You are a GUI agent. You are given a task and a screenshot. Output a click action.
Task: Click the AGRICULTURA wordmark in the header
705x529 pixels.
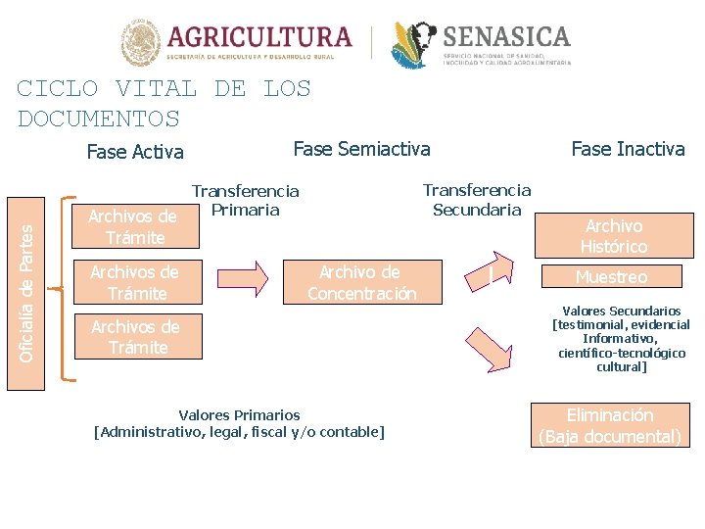click(x=259, y=37)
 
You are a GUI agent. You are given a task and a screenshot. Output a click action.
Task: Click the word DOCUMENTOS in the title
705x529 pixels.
click(x=99, y=120)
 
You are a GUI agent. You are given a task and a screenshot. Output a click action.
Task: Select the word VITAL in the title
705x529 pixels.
click(x=156, y=88)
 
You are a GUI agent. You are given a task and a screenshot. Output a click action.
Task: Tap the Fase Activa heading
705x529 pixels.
click(x=135, y=152)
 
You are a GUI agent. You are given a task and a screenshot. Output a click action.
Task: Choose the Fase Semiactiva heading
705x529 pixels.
click(x=361, y=149)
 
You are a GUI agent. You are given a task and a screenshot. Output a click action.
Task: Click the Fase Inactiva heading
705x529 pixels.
click(x=628, y=149)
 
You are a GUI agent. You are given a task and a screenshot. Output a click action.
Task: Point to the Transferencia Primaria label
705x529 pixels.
click(x=245, y=201)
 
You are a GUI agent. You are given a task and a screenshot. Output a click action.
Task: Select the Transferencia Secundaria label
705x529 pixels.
click(x=477, y=200)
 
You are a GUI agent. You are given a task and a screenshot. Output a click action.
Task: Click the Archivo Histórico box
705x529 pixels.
click(x=613, y=236)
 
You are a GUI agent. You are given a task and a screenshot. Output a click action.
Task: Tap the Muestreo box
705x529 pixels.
click(x=611, y=277)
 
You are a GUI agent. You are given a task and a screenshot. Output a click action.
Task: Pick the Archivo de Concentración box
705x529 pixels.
click(x=361, y=282)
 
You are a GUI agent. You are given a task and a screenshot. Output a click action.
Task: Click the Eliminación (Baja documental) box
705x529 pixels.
click(x=609, y=426)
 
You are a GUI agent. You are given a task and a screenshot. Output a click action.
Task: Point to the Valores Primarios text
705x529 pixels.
click(x=239, y=423)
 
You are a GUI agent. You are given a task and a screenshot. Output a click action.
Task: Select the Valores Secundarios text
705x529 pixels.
click(x=622, y=339)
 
